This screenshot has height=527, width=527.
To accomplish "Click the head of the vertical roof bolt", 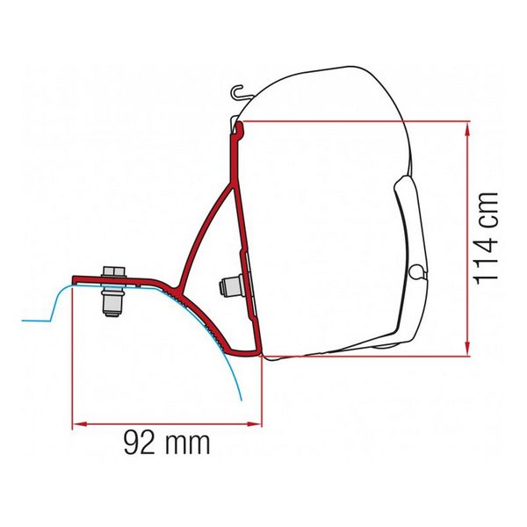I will click(x=112, y=269).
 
